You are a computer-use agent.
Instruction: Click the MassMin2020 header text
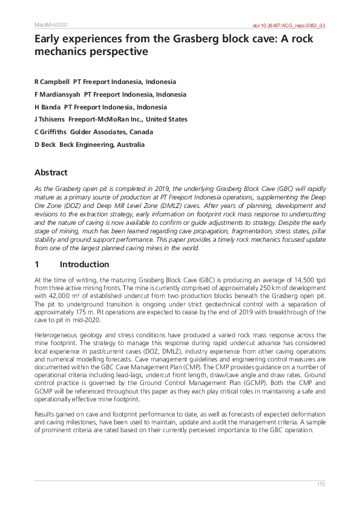click(x=51, y=25)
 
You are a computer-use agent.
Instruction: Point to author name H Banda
click(x=48, y=107)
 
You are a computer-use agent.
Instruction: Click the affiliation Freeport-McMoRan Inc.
click(x=105, y=120)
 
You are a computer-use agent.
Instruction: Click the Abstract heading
click(x=51, y=172)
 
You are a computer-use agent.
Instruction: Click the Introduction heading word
click(x=85, y=264)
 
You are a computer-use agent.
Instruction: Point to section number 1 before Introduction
click(x=37, y=264)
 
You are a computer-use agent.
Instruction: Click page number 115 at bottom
click(x=321, y=485)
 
